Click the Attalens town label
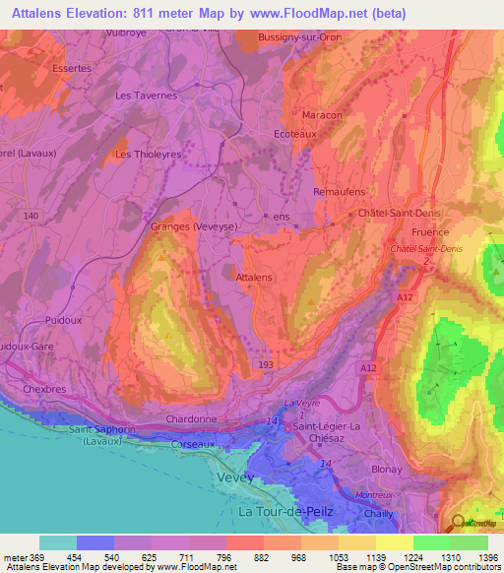(254, 278)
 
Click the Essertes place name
(72, 69)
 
